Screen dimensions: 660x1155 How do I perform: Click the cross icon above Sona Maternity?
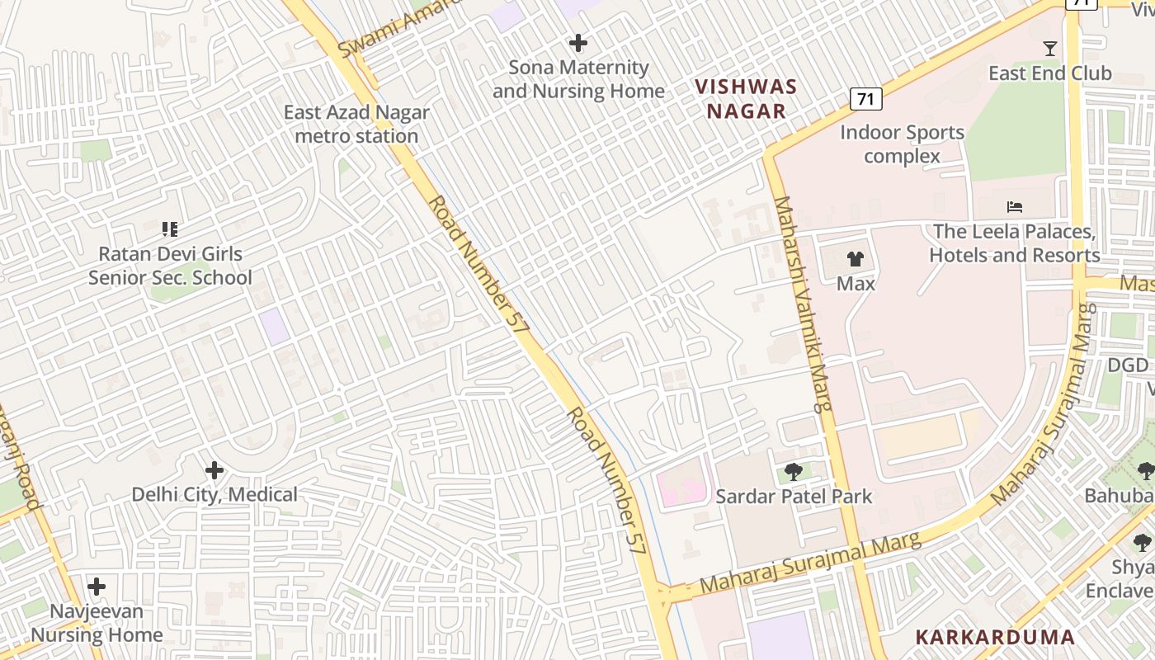578,43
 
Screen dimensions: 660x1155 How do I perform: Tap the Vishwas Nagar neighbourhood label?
746,99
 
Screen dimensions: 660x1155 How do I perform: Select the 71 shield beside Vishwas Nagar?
865,100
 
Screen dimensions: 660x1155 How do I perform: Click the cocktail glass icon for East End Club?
1049,49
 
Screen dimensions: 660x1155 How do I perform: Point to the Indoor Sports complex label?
902,144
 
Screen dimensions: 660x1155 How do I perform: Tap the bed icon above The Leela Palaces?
1015,207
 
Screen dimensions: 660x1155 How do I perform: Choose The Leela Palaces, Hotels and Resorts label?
1014,243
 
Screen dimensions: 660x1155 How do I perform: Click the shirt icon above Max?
856,259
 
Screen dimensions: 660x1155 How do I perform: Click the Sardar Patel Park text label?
794,497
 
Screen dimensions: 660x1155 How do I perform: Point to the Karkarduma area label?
995,638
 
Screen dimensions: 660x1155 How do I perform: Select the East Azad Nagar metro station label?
356,125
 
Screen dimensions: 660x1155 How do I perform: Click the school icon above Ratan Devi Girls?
170,229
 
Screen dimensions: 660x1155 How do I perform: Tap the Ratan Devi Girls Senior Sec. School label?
170,266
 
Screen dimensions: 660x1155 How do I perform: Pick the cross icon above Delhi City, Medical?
214,471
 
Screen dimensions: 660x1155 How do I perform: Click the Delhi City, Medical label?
214,495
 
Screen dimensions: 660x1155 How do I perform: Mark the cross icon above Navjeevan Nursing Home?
97,587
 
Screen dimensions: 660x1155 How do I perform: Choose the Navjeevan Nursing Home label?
97,624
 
